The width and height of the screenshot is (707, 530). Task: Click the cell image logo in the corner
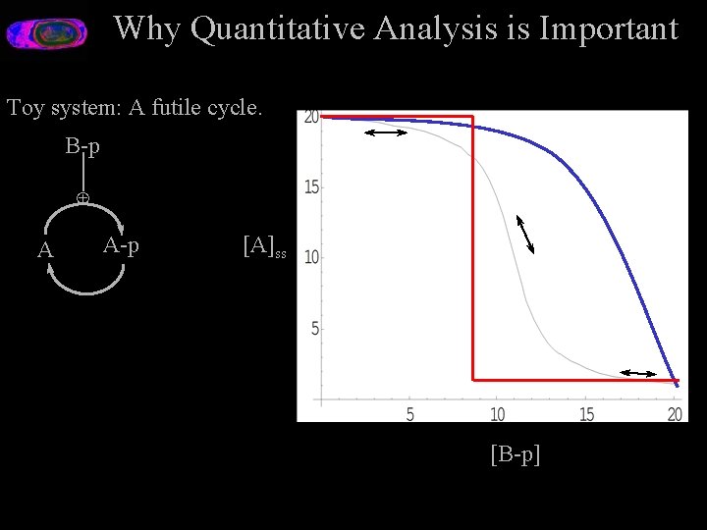tap(46, 33)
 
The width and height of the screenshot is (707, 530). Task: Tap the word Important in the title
tap(608, 29)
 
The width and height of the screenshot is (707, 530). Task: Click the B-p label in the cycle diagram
tap(82, 147)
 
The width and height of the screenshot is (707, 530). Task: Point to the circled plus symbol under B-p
tap(83, 198)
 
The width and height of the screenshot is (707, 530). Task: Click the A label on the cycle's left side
tap(45, 250)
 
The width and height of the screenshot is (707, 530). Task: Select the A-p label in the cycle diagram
tap(121, 245)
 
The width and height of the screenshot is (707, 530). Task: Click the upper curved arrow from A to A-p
tap(85, 213)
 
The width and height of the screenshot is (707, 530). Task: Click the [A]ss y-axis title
tap(264, 246)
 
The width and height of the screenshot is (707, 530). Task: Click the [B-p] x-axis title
tap(515, 453)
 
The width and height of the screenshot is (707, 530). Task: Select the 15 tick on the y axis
tap(310, 186)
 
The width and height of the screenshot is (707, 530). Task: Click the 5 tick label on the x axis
tap(409, 414)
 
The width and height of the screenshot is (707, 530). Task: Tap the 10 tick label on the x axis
tap(497, 414)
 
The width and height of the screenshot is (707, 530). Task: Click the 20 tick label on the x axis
tap(675, 414)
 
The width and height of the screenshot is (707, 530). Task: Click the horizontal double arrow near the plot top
tap(386, 132)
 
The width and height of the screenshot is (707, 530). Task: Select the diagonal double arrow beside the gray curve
tap(525, 234)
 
